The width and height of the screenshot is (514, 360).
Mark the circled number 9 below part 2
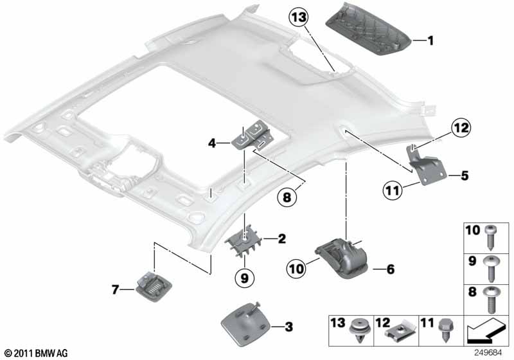coord(244,278)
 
